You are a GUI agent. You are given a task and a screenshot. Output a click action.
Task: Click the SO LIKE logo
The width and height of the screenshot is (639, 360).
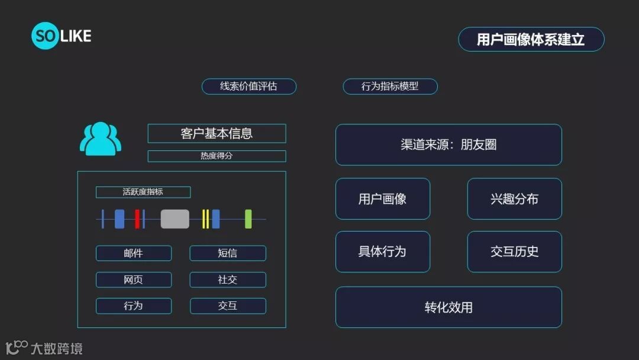pos(61,36)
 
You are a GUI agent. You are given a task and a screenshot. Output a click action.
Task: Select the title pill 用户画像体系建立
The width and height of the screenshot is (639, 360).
pos(531,39)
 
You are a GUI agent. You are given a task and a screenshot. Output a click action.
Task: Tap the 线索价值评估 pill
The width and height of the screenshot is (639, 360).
pos(248,86)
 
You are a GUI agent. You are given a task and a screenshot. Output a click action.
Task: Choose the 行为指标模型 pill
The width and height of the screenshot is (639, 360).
pos(390,86)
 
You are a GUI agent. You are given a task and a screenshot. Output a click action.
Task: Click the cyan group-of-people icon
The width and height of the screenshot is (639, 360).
pos(101,139)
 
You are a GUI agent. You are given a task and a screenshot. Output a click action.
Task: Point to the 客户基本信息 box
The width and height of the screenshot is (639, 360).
pos(217,133)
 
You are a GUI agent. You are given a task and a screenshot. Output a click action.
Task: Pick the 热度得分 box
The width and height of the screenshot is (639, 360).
pos(217,156)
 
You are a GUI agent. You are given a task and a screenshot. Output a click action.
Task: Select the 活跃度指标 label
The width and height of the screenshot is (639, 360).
pos(143,192)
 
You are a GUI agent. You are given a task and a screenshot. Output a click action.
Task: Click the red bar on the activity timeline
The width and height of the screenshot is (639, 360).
pos(137,219)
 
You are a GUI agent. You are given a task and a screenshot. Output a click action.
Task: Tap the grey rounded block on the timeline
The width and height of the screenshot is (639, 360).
pos(175,219)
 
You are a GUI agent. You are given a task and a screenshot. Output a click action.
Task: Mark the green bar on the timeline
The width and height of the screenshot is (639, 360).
pos(248,219)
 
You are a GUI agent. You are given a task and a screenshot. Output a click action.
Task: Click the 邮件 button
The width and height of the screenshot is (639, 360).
pos(134,253)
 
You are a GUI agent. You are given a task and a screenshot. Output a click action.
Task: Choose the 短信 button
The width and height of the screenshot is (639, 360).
pos(228,253)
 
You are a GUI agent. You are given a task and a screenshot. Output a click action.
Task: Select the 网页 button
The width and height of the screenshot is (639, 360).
pos(134,279)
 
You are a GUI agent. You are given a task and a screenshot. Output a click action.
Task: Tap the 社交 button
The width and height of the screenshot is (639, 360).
pos(228,279)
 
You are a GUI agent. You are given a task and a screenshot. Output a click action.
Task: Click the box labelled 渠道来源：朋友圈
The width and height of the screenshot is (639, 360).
pos(448,144)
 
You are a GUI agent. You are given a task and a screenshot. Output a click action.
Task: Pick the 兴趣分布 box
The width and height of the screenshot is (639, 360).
pos(514,199)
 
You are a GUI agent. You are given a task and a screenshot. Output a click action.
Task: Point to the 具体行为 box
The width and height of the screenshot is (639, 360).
pos(383,252)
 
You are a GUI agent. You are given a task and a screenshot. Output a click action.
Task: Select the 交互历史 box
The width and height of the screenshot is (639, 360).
pos(514,252)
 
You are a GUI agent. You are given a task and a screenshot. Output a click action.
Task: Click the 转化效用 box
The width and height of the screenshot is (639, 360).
pos(448,307)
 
